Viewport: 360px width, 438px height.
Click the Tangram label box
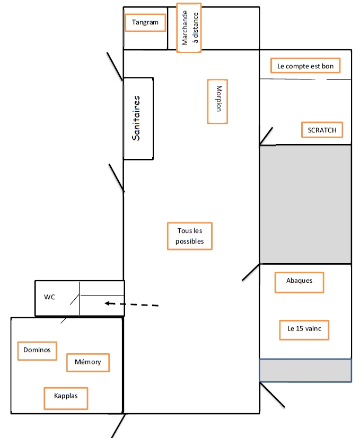[x=145, y=23]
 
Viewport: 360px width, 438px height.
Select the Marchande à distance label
[x=189, y=28]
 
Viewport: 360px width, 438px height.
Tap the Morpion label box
[x=217, y=101]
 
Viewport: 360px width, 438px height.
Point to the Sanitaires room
[x=138, y=118]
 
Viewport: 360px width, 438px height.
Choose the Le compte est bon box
[x=305, y=66]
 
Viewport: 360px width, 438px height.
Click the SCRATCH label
[x=322, y=130]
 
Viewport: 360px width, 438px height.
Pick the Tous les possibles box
[x=189, y=236]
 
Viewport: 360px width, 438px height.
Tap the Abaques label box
[x=299, y=282]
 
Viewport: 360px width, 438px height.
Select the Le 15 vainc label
[x=304, y=328]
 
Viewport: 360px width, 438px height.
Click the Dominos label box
[x=37, y=350]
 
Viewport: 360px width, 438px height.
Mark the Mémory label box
[x=87, y=362]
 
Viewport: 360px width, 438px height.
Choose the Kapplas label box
[x=65, y=398]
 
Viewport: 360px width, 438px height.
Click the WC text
[x=49, y=297]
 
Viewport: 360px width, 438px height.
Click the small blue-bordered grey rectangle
[x=305, y=370]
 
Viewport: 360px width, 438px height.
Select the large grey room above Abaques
[x=305, y=204]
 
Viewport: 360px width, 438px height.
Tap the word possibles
[x=189, y=242]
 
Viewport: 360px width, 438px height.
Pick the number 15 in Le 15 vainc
[x=300, y=328]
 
